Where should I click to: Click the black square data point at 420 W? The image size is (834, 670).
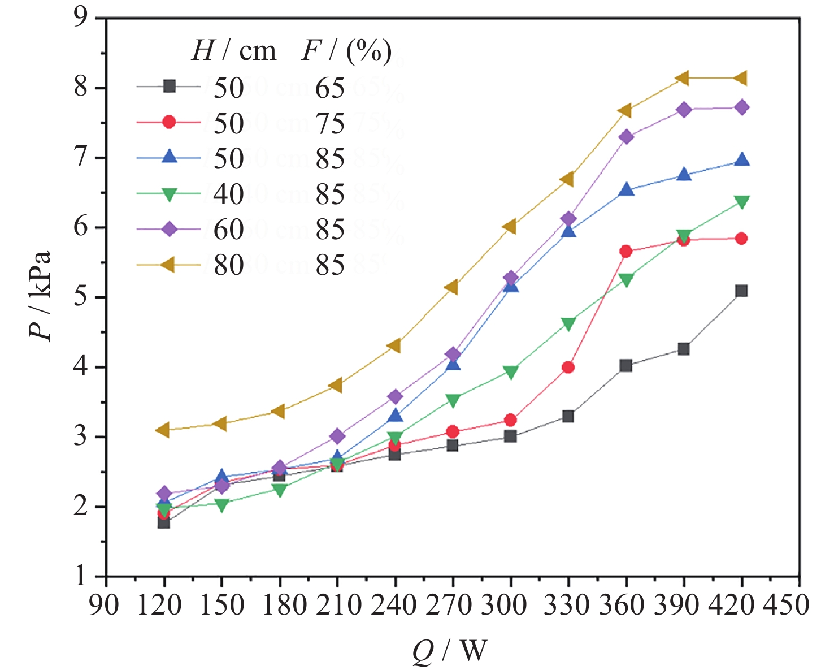click(741, 291)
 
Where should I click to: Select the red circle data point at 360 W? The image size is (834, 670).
click(625, 252)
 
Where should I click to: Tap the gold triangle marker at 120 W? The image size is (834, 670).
click(163, 430)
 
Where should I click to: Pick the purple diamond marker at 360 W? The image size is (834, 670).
click(626, 137)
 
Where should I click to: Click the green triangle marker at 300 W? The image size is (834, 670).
click(510, 372)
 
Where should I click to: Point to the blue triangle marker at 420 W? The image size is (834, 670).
click(741, 160)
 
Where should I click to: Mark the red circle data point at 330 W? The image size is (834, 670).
click(568, 368)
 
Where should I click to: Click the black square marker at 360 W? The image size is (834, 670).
click(625, 366)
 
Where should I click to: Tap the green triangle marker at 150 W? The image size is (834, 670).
click(221, 505)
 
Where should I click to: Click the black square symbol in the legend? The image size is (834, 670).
click(169, 87)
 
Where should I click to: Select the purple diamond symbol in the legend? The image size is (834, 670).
click(169, 229)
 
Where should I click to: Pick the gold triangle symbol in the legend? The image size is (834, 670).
click(168, 264)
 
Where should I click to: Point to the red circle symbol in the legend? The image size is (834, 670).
click(169, 122)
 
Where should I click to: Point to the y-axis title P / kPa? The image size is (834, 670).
click(41, 295)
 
